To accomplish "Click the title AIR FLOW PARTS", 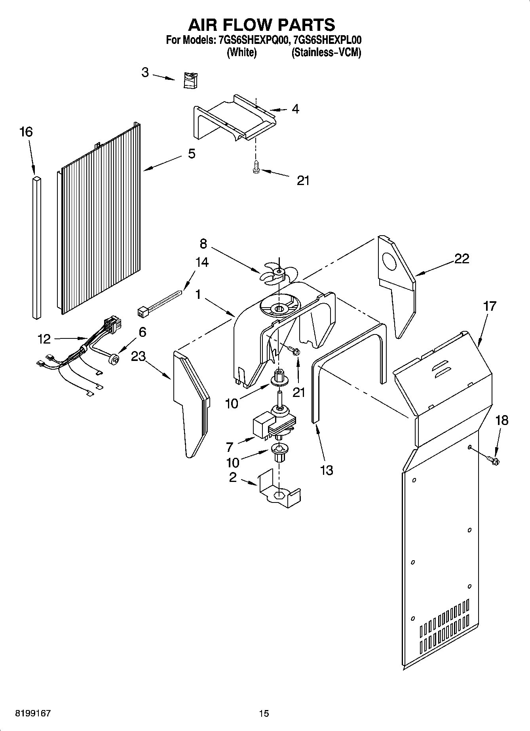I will click(261, 25).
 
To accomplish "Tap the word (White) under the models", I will click(241, 53).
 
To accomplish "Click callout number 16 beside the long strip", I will click(26, 132).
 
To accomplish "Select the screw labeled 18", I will click(493, 459).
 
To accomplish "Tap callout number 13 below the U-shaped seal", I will click(326, 470).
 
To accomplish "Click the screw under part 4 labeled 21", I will click(256, 167).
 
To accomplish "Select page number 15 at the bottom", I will click(264, 713).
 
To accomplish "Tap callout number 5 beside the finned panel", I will click(192, 154).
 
